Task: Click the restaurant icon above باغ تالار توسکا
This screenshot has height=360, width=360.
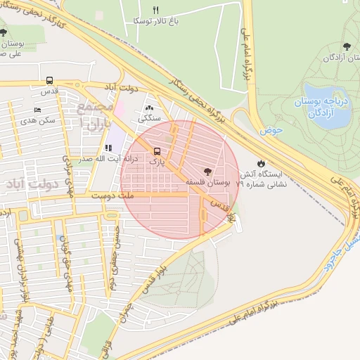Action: (x=156, y=10)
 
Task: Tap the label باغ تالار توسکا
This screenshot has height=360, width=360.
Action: (x=156, y=21)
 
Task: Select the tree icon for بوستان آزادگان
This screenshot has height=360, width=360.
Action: (x=345, y=46)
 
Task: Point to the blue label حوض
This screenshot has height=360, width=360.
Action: (x=270, y=130)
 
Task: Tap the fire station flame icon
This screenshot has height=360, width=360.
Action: (x=262, y=162)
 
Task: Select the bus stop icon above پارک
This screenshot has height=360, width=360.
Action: (x=156, y=150)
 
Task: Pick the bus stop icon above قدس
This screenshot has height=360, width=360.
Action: (x=49, y=80)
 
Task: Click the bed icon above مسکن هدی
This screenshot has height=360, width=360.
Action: (x=37, y=110)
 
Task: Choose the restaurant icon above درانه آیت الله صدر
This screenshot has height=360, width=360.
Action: (x=108, y=148)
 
